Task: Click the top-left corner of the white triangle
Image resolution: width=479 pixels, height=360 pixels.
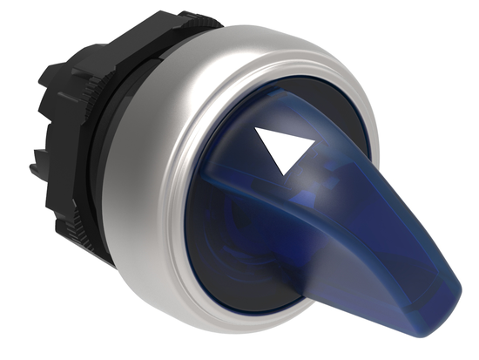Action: pos(260,127)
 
